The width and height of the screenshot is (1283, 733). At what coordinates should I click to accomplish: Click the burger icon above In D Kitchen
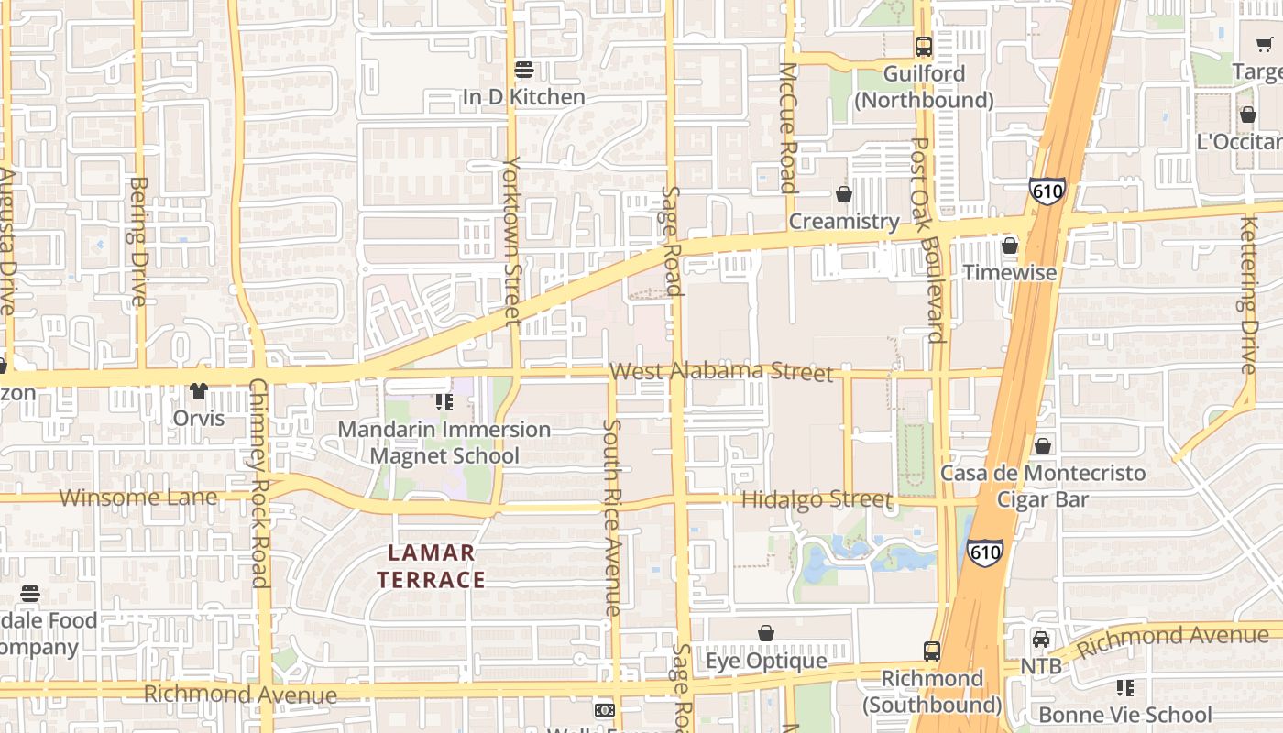pos(524,69)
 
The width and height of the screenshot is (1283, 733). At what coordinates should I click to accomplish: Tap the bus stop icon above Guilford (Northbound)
pos(924,46)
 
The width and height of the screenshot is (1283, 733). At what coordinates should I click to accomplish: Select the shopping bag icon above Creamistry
pos(844,194)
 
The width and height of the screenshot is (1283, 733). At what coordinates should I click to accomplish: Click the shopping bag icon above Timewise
pos(1010,246)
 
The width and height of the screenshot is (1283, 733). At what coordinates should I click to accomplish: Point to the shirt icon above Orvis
pos(199,391)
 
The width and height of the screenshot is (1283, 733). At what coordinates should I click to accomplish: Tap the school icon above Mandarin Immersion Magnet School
pos(444,402)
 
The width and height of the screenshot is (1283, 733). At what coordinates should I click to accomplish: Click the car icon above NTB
pos(1041,640)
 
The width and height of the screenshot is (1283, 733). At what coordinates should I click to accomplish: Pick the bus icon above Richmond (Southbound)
pos(932,651)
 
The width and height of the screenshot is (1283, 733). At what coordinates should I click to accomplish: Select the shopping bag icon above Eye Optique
pos(766,633)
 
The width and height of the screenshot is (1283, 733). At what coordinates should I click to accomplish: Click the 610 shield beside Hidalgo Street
pos(985,552)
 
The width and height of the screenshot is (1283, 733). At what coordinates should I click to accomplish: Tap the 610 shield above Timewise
pos(1047,191)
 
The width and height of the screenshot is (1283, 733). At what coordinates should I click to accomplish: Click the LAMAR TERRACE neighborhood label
pos(431,566)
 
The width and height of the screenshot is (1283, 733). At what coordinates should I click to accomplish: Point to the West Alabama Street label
pos(721,371)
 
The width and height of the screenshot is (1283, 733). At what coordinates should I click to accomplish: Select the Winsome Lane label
pos(139,498)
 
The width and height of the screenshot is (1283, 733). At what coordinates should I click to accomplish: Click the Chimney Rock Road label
pos(259,482)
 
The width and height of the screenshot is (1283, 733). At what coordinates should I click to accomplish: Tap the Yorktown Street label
pos(511,240)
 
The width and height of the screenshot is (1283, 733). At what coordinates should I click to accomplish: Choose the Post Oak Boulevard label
pos(928,239)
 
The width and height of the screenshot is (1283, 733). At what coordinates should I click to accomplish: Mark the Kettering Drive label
pos(1248,295)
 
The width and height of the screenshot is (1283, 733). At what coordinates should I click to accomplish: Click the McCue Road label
pos(787,127)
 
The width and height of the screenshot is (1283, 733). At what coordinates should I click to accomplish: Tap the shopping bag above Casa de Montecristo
pos(1043,446)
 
